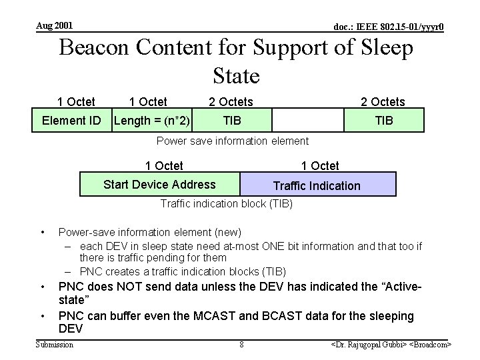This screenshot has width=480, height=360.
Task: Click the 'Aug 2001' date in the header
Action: coord(55,26)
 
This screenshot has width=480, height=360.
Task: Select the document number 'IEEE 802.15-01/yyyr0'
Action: coord(389,27)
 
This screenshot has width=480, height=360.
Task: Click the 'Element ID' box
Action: coord(71,121)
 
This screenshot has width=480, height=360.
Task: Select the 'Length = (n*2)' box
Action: coord(152,121)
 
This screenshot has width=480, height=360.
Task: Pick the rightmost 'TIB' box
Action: coord(384,121)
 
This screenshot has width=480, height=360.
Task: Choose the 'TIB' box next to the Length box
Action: coord(232,121)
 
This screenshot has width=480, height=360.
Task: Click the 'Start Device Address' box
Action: coord(159,185)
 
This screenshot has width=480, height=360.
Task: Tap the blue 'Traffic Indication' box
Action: coord(317,185)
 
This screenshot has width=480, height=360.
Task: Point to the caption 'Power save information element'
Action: coord(232,141)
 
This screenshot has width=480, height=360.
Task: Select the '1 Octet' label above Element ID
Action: coord(76,102)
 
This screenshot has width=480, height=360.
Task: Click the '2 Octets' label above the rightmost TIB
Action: coord(383,102)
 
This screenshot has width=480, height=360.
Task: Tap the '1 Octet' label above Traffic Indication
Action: coord(320,165)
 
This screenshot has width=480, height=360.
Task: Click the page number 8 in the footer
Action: coord(241,345)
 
